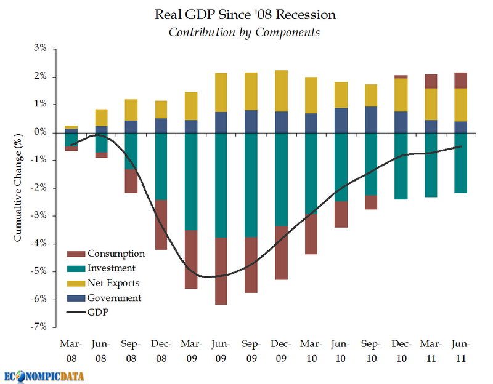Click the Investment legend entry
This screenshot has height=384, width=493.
click(112, 268)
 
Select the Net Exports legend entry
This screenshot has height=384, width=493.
click(113, 283)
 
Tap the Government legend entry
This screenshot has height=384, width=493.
click(114, 298)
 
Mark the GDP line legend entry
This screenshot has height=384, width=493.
click(99, 313)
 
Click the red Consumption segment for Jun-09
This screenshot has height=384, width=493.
click(222, 271)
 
